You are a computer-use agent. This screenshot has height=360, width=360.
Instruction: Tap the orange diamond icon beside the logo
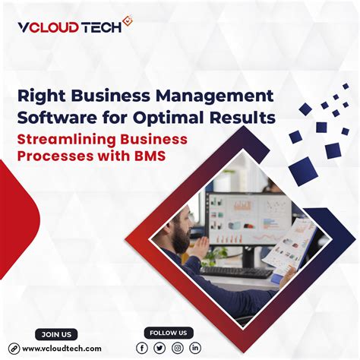(x=127, y=25)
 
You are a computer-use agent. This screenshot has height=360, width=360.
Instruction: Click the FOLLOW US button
(x=169, y=333)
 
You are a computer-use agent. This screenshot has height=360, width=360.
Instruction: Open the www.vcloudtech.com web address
(x=62, y=348)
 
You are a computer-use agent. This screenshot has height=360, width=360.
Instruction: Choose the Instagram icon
(x=178, y=348)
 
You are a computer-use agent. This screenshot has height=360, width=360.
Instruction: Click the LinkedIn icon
(x=195, y=348)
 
